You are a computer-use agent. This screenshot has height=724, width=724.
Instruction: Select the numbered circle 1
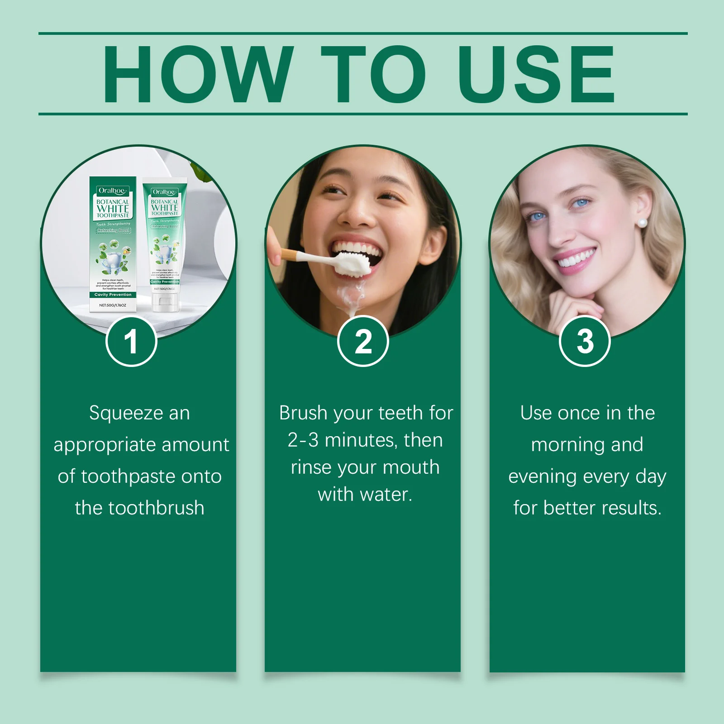pyautogui.click(x=131, y=342)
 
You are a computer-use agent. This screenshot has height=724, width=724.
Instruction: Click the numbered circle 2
pyautogui.click(x=363, y=342)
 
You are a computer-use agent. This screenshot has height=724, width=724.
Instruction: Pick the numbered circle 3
pyautogui.click(x=585, y=342)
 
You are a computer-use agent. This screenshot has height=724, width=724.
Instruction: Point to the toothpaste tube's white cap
pyautogui.click(x=165, y=303)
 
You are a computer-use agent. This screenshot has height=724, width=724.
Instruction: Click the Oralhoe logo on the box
pyautogui.click(x=112, y=191)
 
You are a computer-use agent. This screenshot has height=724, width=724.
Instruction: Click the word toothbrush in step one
pyautogui.click(x=156, y=508)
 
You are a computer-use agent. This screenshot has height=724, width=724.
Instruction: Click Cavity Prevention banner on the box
pyautogui.click(x=113, y=295)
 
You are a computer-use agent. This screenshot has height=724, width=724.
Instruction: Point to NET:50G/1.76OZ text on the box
pyautogui.click(x=113, y=305)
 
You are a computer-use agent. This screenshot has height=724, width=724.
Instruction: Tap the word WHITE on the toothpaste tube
pyautogui.click(x=165, y=207)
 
